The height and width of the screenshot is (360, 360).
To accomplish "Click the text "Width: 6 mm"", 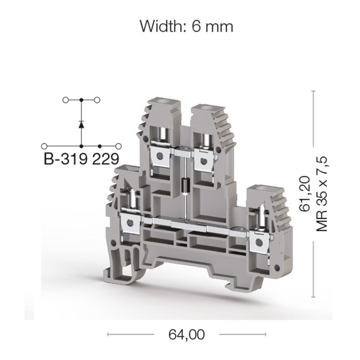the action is point(186,27).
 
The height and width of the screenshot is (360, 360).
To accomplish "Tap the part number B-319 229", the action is point(81,158).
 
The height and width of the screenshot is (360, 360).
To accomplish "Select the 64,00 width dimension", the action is point(186,334).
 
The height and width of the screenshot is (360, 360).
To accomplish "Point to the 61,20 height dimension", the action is point(304,194).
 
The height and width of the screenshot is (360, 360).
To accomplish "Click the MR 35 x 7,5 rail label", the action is point(321,194).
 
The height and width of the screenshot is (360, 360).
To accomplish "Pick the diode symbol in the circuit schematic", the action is point(81,124).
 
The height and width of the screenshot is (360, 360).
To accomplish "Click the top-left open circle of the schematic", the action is point(65,100).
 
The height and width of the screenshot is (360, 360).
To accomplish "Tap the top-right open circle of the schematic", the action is point(97,100).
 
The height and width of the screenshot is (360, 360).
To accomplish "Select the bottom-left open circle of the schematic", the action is point(44,146).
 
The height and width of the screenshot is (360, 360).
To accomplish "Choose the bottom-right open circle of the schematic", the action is point(118,146).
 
